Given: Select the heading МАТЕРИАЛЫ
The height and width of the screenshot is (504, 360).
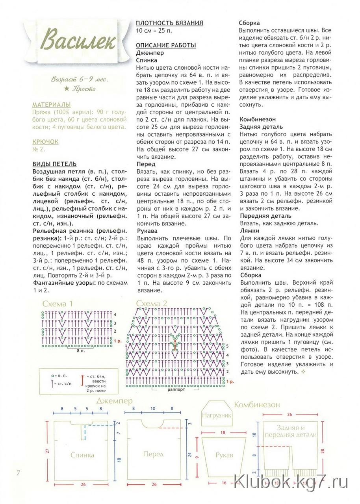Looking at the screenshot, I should tap(51, 105).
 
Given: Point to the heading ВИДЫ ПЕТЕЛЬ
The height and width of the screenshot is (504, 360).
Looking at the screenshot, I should tap(54, 164).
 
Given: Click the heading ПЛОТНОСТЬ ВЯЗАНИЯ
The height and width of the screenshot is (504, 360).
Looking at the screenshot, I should tap(169, 23).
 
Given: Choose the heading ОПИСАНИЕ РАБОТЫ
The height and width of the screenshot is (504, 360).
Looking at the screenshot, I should tap(166, 45).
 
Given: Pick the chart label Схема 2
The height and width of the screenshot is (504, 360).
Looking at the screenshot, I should tap(152, 304).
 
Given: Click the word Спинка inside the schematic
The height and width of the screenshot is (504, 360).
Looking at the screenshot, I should tap(82, 455).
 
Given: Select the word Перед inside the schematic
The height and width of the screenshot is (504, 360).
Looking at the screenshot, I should tap(153, 454).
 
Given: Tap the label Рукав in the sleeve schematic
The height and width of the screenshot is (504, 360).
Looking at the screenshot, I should tap(224, 455).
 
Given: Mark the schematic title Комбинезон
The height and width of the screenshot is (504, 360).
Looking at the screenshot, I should tap(257, 405).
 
